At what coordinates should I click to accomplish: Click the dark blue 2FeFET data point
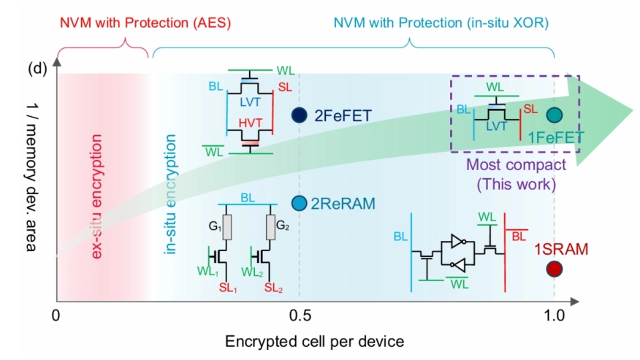[298, 115]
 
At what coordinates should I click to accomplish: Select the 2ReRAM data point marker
[298, 203]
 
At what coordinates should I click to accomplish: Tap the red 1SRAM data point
[555, 269]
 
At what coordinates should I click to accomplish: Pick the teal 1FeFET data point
[555, 115]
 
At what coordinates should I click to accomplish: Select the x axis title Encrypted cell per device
[314, 342]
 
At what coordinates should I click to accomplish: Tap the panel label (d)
[37, 69]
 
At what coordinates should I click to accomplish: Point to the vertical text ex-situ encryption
[96, 186]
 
